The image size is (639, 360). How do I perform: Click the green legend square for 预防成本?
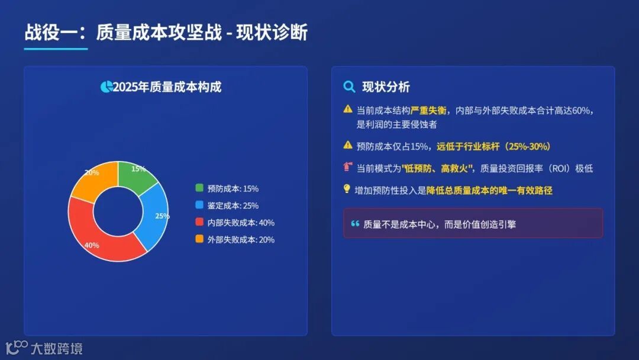[199, 188]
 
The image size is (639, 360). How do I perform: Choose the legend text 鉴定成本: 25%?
[233, 205]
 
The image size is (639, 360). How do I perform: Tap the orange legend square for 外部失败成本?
[199, 239]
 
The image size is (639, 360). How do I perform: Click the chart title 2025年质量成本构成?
[167, 87]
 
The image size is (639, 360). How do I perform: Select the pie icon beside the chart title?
[106, 87]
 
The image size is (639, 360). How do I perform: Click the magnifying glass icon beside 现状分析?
[349, 87]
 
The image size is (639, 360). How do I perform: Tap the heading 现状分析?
[386, 87]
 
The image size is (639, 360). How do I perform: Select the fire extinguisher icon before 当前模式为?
[347, 168]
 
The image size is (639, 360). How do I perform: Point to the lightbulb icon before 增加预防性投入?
[347, 189]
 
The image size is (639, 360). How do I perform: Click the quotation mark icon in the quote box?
[355, 224]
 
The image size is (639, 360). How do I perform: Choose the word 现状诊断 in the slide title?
[272, 33]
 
